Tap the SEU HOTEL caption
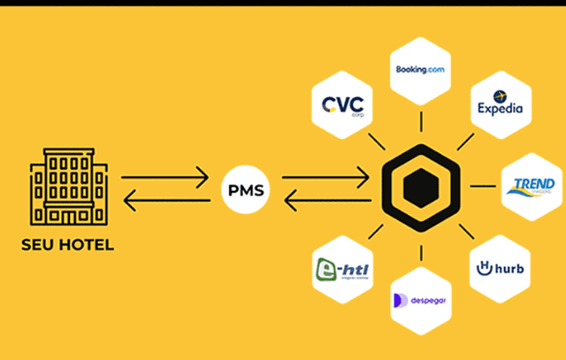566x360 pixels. (x=67, y=244)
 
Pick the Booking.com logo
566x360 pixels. (x=419, y=70)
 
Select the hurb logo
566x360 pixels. (x=500, y=268)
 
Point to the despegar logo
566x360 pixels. (x=419, y=300)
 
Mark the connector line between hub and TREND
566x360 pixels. (x=482, y=187)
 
